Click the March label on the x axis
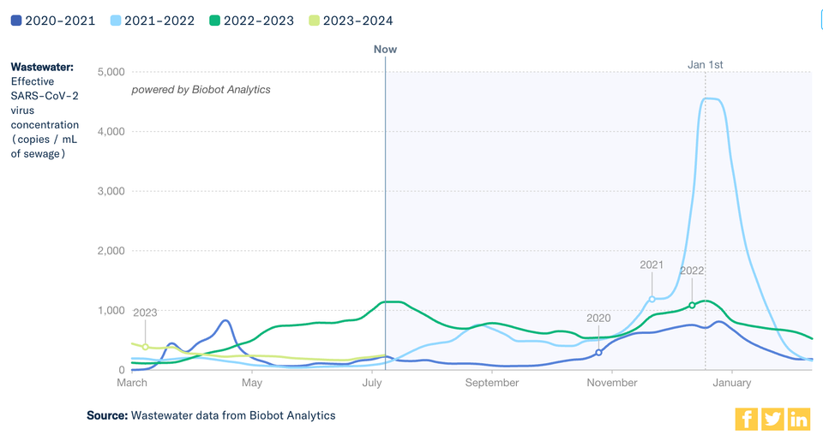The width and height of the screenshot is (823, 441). pos(131,383)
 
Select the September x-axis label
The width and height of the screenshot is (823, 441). pos(492,383)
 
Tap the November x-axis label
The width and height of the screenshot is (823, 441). pos(612,383)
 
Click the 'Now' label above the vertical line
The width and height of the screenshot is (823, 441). pos(385,49)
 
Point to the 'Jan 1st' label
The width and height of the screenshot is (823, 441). pos(706,64)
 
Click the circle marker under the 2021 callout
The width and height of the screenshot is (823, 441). pos(652,299)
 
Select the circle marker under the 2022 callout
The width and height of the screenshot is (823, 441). pos(692,305)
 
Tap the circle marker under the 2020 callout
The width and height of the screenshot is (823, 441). pos(599,352)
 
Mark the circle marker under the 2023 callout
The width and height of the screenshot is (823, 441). pos(145,347)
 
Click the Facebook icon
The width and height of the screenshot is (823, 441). pos(747,419)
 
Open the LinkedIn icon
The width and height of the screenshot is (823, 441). pos(799,419)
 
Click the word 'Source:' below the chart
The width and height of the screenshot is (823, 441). pos(106,415)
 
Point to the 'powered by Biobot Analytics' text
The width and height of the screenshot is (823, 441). pos(201,89)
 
